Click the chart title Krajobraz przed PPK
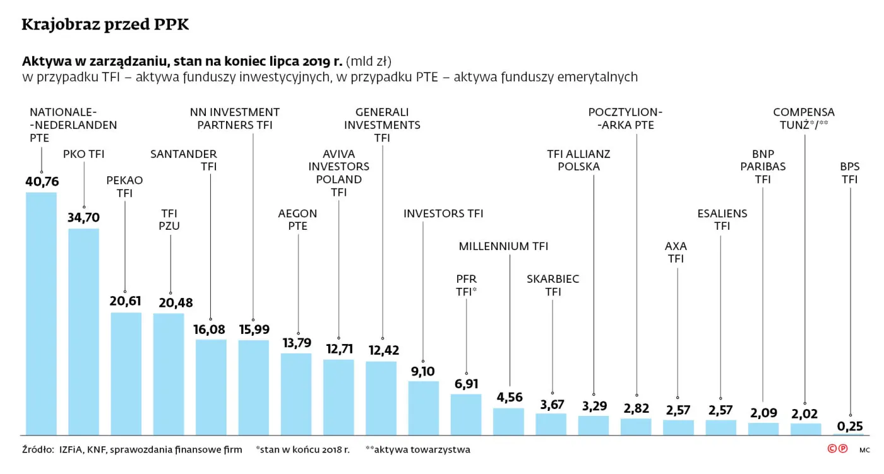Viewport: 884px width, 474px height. click(x=105, y=25)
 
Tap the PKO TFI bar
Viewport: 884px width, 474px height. click(x=83, y=331)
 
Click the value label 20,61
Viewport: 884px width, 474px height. click(x=125, y=301)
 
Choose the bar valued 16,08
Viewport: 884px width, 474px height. click(x=211, y=387)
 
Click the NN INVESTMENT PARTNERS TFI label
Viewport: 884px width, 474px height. click(x=235, y=119)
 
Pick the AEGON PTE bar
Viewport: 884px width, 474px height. click(x=296, y=394)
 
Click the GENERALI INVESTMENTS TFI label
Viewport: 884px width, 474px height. click(x=382, y=125)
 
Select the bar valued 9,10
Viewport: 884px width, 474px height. click(x=423, y=408)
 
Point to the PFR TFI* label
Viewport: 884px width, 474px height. click(x=466, y=285)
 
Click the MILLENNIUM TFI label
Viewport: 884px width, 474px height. click(x=503, y=246)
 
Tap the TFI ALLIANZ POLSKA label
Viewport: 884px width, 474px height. click(x=578, y=160)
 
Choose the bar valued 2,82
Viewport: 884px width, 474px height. click(x=636, y=426)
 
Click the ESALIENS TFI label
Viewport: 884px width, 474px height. click(x=722, y=220)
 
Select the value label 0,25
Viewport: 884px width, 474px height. click(x=850, y=426)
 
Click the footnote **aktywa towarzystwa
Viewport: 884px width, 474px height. click(x=417, y=450)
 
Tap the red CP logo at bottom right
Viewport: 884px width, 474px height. click(x=837, y=449)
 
